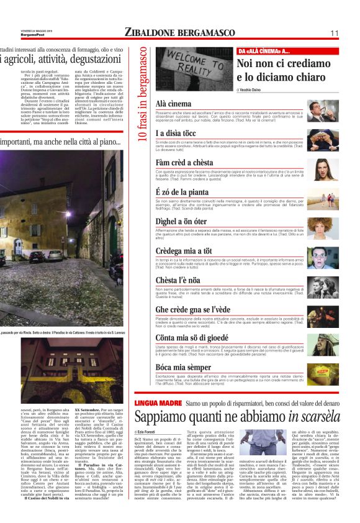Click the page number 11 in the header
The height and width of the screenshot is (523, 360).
tap(334, 32)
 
